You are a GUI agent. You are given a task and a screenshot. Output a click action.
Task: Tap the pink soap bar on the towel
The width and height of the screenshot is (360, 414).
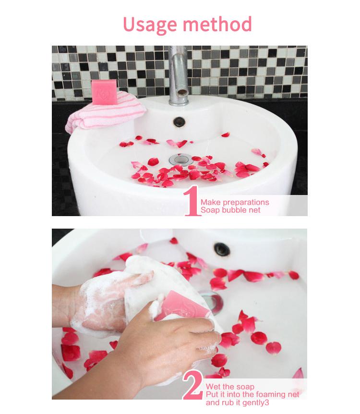coord(104,92)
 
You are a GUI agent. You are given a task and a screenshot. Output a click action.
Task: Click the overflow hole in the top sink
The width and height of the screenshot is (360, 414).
coord(179,122)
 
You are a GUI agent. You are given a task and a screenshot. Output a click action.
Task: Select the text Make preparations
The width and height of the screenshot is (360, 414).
coord(235,202)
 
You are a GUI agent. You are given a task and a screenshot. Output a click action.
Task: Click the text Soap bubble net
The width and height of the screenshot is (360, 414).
coord(230,210)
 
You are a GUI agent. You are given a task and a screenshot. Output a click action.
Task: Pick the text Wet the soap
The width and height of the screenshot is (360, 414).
coord(230,387)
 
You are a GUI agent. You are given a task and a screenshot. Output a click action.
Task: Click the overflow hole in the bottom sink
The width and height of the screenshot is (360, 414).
coord(221,249)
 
